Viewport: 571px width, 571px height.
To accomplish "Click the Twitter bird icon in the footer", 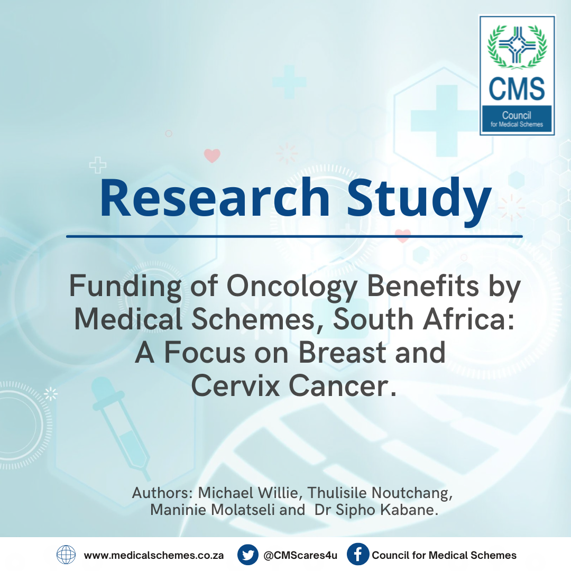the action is point(248,555).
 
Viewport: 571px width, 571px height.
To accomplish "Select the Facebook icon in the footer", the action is point(357,555).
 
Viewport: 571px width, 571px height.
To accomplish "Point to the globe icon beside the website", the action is point(66,555).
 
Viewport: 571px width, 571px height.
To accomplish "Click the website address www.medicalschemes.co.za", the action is point(154,555).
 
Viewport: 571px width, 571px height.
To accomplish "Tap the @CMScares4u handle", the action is point(300,555).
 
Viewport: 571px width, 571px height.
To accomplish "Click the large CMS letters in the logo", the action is point(517,88).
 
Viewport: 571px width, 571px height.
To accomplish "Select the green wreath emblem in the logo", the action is point(517,47).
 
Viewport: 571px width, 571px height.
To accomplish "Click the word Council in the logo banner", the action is point(517,115).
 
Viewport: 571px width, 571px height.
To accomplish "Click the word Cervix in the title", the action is point(235,385).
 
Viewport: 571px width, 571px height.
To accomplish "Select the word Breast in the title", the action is point(342,353).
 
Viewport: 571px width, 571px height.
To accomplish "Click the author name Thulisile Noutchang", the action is point(380,493).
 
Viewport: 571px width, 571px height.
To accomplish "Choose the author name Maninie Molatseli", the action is point(213,510).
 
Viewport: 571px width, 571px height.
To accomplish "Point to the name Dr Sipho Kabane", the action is point(376,510).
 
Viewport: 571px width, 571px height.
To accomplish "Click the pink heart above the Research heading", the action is point(212,155).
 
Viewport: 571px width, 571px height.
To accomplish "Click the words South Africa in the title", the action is point(424,319).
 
